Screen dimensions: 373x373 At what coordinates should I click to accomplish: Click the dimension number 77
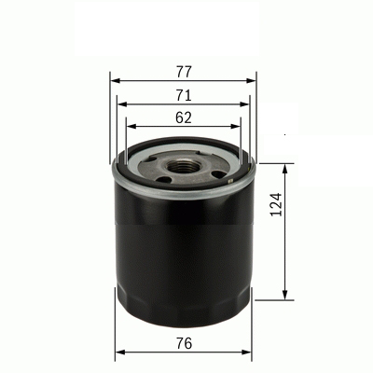pyautogui.click(x=183, y=69)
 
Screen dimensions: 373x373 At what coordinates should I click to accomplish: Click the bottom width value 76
pyautogui.click(x=183, y=343)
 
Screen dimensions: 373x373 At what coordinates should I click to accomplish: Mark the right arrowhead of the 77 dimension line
pyautogui.click(x=253, y=80)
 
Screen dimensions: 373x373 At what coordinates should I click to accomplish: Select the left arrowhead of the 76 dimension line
pyautogui.click(x=117, y=354)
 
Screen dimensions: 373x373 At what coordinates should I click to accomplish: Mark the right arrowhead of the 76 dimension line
pyautogui.click(x=251, y=354)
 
